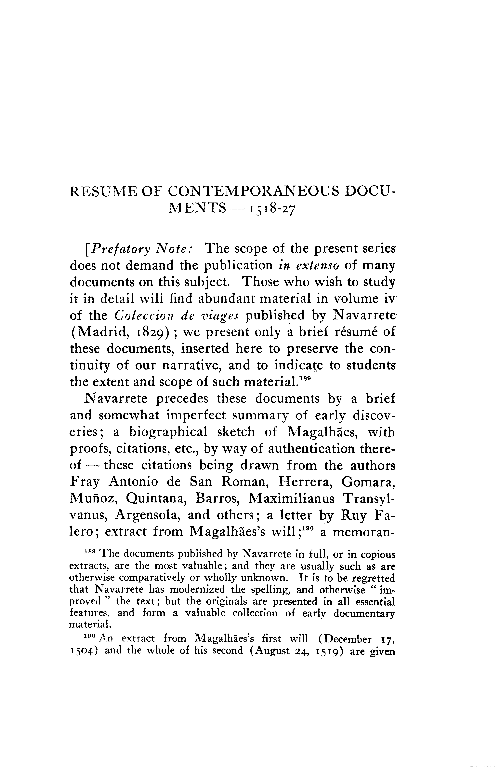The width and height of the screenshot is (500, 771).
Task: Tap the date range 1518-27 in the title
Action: pos(272,210)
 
